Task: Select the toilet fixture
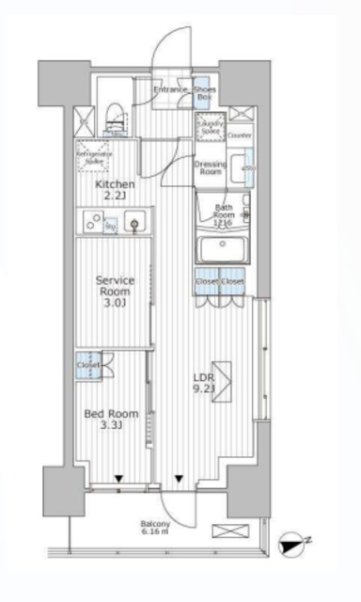(115, 116)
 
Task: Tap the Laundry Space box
(209, 127)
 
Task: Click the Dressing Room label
(209, 167)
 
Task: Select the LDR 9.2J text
(206, 379)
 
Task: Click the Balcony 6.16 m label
(156, 530)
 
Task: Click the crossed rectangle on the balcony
(228, 531)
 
